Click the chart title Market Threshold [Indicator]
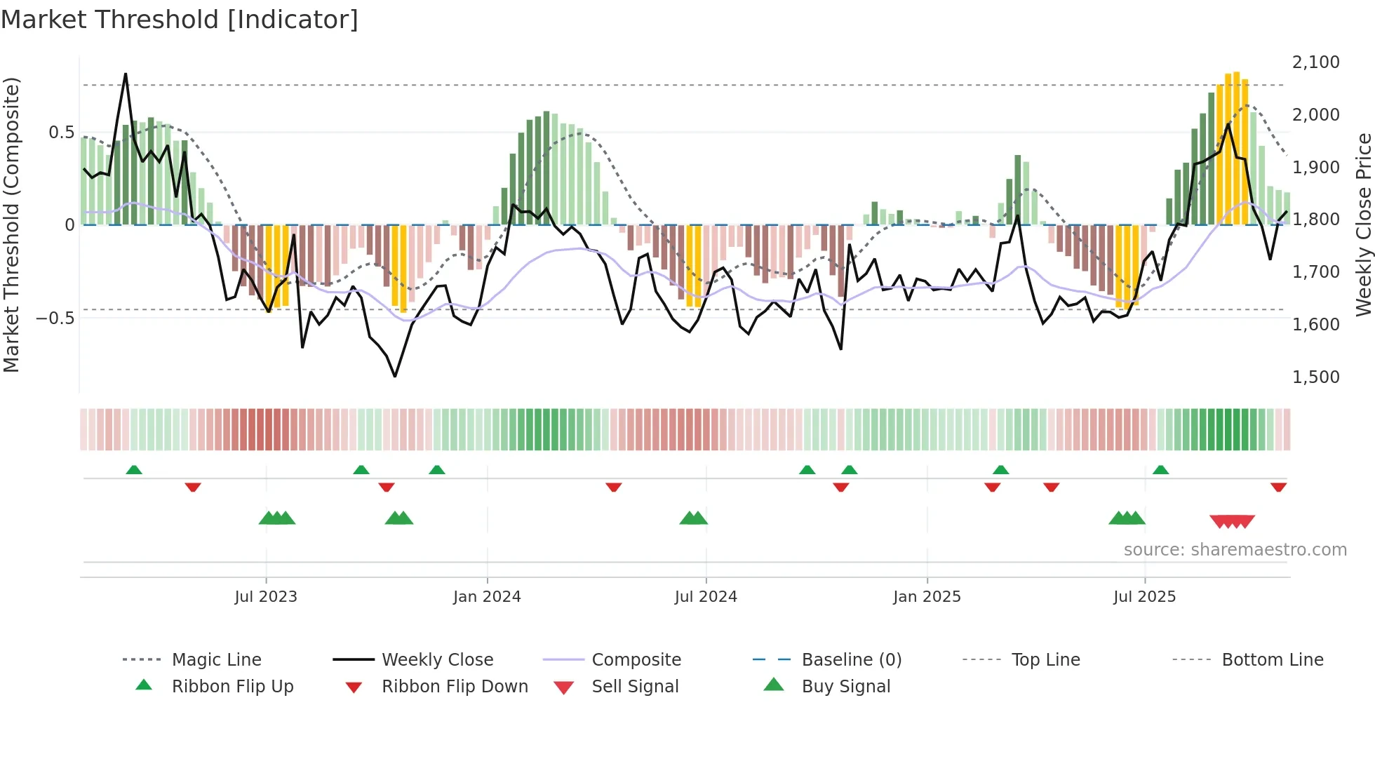click(x=180, y=20)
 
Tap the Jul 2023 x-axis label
click(x=266, y=597)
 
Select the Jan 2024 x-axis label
click(x=487, y=597)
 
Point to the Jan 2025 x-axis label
click(x=927, y=597)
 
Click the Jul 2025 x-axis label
click(x=1144, y=597)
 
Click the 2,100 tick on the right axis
click(x=1315, y=62)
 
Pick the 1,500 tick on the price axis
click(x=1315, y=377)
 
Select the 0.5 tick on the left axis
click(x=61, y=133)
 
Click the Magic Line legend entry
click(x=216, y=660)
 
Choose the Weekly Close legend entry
click(x=437, y=660)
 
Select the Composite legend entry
click(x=636, y=660)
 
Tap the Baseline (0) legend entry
click(x=851, y=660)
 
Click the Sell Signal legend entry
click(x=634, y=687)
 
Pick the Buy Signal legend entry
click(x=845, y=687)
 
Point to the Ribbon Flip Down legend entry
click(x=454, y=687)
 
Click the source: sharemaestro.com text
click(x=1235, y=550)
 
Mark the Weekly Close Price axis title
click(x=1363, y=224)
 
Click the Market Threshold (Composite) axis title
click(x=11, y=224)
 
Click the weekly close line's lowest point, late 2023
click(x=395, y=376)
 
